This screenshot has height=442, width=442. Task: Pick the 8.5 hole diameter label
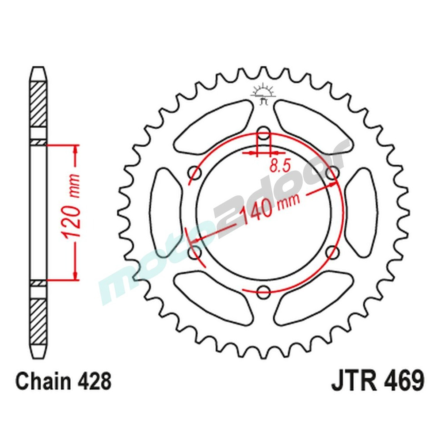point(279,166)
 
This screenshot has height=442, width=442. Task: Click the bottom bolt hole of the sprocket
point(263,291)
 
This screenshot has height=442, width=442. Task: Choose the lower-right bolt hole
point(332,252)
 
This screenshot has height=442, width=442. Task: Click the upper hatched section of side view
point(38,103)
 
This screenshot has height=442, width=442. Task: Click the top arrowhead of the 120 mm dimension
point(76,150)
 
